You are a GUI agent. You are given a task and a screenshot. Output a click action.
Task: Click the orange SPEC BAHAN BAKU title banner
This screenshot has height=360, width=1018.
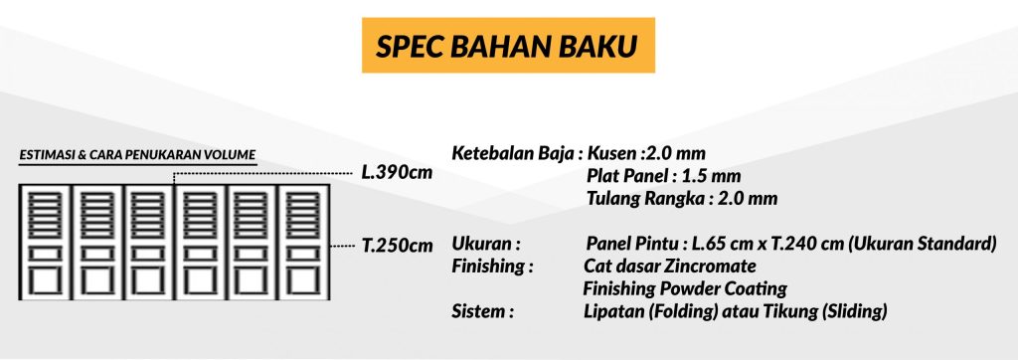point(508,45)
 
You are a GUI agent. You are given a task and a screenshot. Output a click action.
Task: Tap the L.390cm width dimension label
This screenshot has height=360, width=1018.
point(397,173)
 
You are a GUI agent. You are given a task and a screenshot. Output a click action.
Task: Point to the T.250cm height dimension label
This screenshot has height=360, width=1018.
point(397,247)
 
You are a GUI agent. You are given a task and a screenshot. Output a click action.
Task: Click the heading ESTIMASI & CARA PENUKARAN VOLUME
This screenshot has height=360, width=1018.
point(137,155)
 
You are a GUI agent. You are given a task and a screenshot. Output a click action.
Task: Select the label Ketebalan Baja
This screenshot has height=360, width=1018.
point(513,155)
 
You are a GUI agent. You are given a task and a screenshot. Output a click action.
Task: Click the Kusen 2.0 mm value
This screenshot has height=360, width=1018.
point(646,155)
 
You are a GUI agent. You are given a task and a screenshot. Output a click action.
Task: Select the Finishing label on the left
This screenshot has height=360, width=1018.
point(492,267)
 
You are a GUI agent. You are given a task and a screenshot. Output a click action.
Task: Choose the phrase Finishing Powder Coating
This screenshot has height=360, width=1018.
point(685,288)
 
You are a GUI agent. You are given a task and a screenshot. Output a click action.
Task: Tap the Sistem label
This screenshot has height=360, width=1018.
point(482,311)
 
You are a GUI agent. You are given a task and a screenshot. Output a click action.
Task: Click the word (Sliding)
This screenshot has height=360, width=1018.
point(853,311)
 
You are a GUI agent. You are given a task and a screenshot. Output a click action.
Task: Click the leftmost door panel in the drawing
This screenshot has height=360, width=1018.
point(45,243)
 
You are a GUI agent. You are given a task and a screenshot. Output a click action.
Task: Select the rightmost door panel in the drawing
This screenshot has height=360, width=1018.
point(304,243)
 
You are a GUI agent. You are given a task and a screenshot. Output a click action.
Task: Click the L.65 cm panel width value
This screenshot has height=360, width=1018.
point(722,245)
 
